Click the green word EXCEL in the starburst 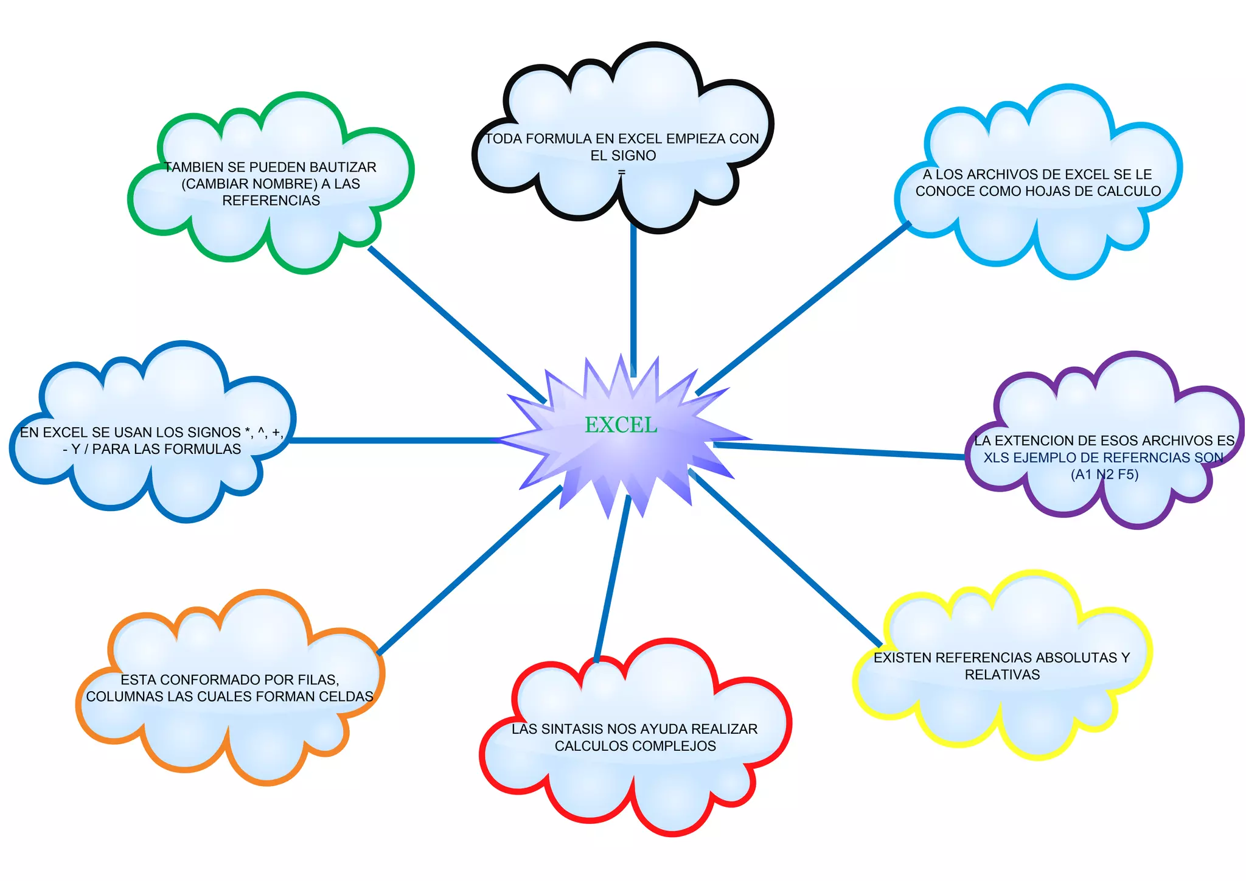621,425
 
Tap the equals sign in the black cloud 621,173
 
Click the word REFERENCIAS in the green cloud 271,201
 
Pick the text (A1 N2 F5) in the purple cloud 1104,475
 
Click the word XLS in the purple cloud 996,458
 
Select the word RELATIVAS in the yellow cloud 1002,675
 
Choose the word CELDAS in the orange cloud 352,697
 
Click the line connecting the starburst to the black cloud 633,298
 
